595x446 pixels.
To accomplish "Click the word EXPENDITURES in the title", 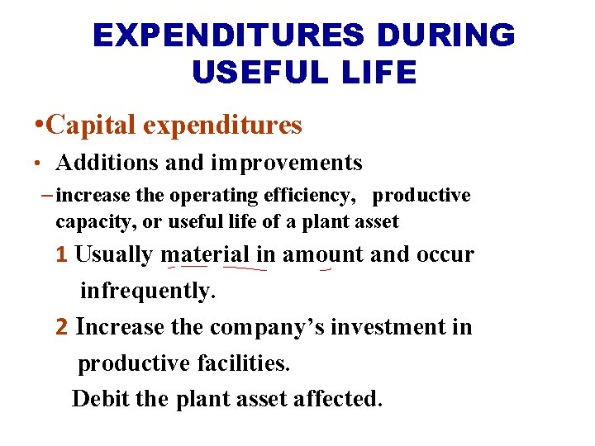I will click(x=227, y=36).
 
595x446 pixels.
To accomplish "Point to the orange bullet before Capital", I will click(x=39, y=126).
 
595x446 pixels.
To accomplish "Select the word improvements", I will click(x=287, y=164).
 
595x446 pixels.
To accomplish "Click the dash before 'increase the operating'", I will click(x=47, y=196).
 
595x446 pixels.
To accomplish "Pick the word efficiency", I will click(x=315, y=196).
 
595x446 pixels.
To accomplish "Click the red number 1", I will click(x=61, y=255).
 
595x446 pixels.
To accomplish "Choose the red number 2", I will click(x=61, y=327).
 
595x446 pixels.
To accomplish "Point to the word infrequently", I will click(x=147, y=291).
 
